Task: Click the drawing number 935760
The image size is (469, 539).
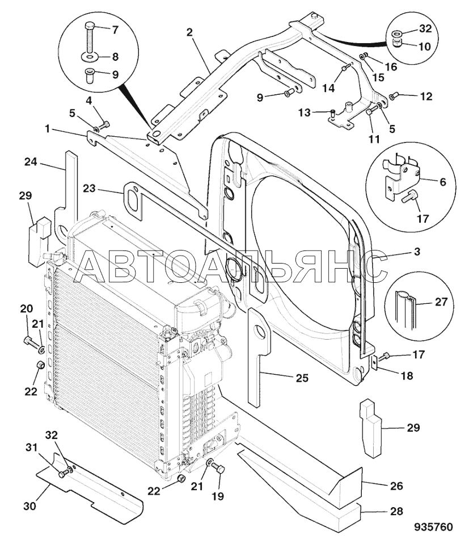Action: tap(433, 527)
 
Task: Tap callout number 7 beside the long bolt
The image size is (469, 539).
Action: tap(115, 30)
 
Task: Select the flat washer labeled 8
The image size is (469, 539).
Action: tap(89, 56)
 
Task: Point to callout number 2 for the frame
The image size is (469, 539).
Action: tap(190, 32)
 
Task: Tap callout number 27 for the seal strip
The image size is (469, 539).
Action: tap(441, 302)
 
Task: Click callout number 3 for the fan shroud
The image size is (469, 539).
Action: tap(417, 252)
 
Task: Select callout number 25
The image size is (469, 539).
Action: tap(302, 378)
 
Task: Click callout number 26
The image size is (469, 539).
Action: tap(396, 486)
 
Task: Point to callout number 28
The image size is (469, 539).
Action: tap(396, 511)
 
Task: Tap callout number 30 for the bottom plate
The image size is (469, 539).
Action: tap(30, 506)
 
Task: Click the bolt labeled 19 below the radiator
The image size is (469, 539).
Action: tap(219, 468)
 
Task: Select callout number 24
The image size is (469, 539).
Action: tap(31, 161)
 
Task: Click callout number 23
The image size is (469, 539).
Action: tap(89, 189)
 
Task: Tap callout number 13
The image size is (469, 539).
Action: tap(304, 112)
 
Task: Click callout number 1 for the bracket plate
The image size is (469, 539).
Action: tap(48, 129)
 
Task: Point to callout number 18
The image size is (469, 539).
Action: tap(407, 376)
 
